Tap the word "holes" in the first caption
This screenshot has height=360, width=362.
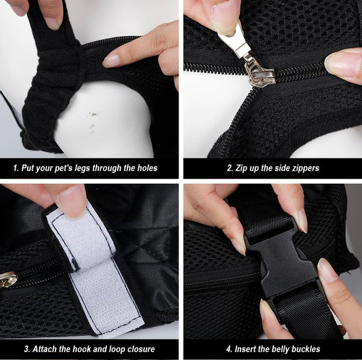click(x=147, y=168)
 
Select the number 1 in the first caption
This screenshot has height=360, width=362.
click(x=15, y=168)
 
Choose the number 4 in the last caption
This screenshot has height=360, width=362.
click(x=229, y=349)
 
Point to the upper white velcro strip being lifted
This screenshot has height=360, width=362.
click(x=81, y=235)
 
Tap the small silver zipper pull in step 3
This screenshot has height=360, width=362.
click(x=7, y=279)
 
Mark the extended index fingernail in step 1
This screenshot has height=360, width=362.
click(x=111, y=60)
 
